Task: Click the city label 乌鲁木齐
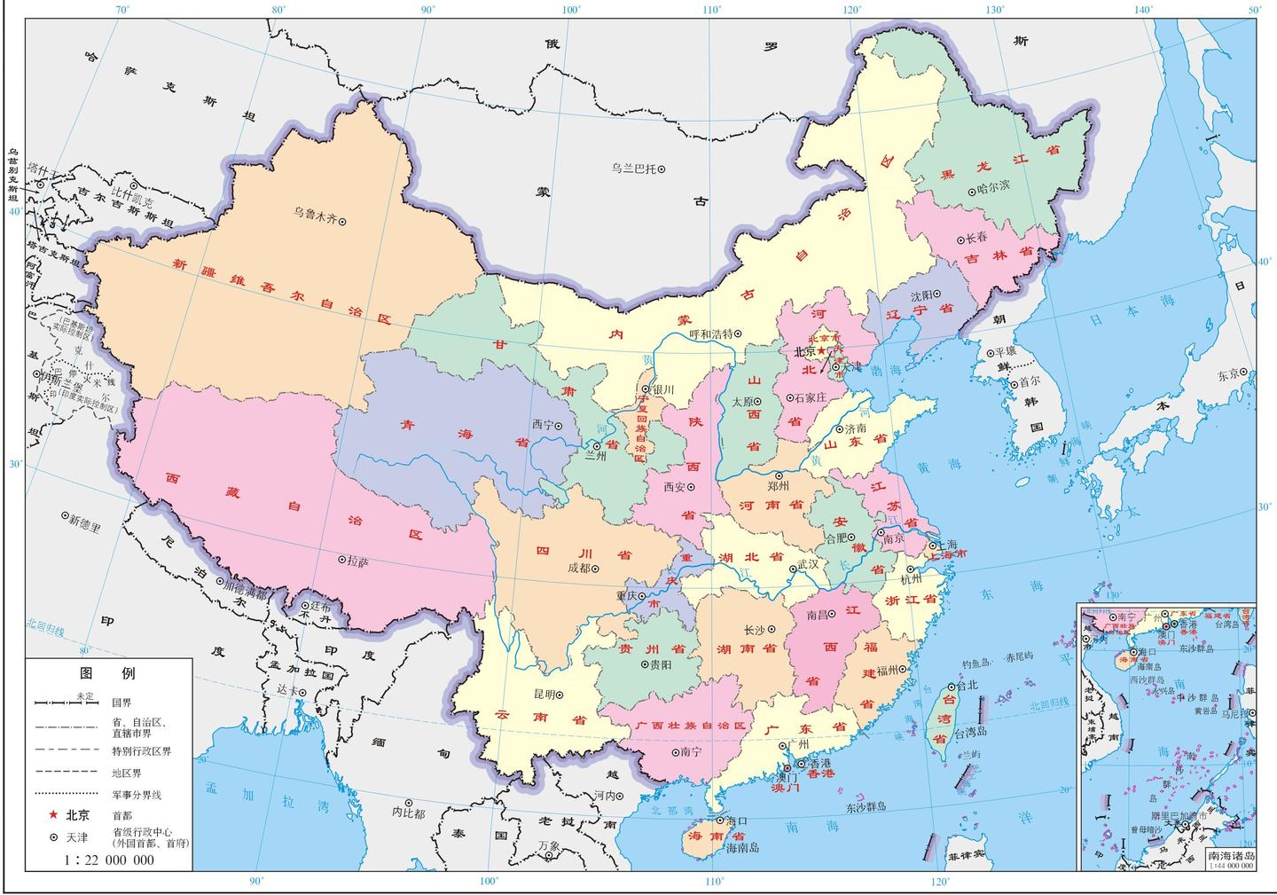point(315,213)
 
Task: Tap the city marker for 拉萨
point(342,561)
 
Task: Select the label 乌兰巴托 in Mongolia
point(633,168)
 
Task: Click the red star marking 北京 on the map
point(820,351)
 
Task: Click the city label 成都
point(578,569)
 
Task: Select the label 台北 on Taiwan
point(967,686)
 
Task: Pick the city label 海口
point(738,820)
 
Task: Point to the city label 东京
point(1229,373)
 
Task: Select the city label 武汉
point(808,563)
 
